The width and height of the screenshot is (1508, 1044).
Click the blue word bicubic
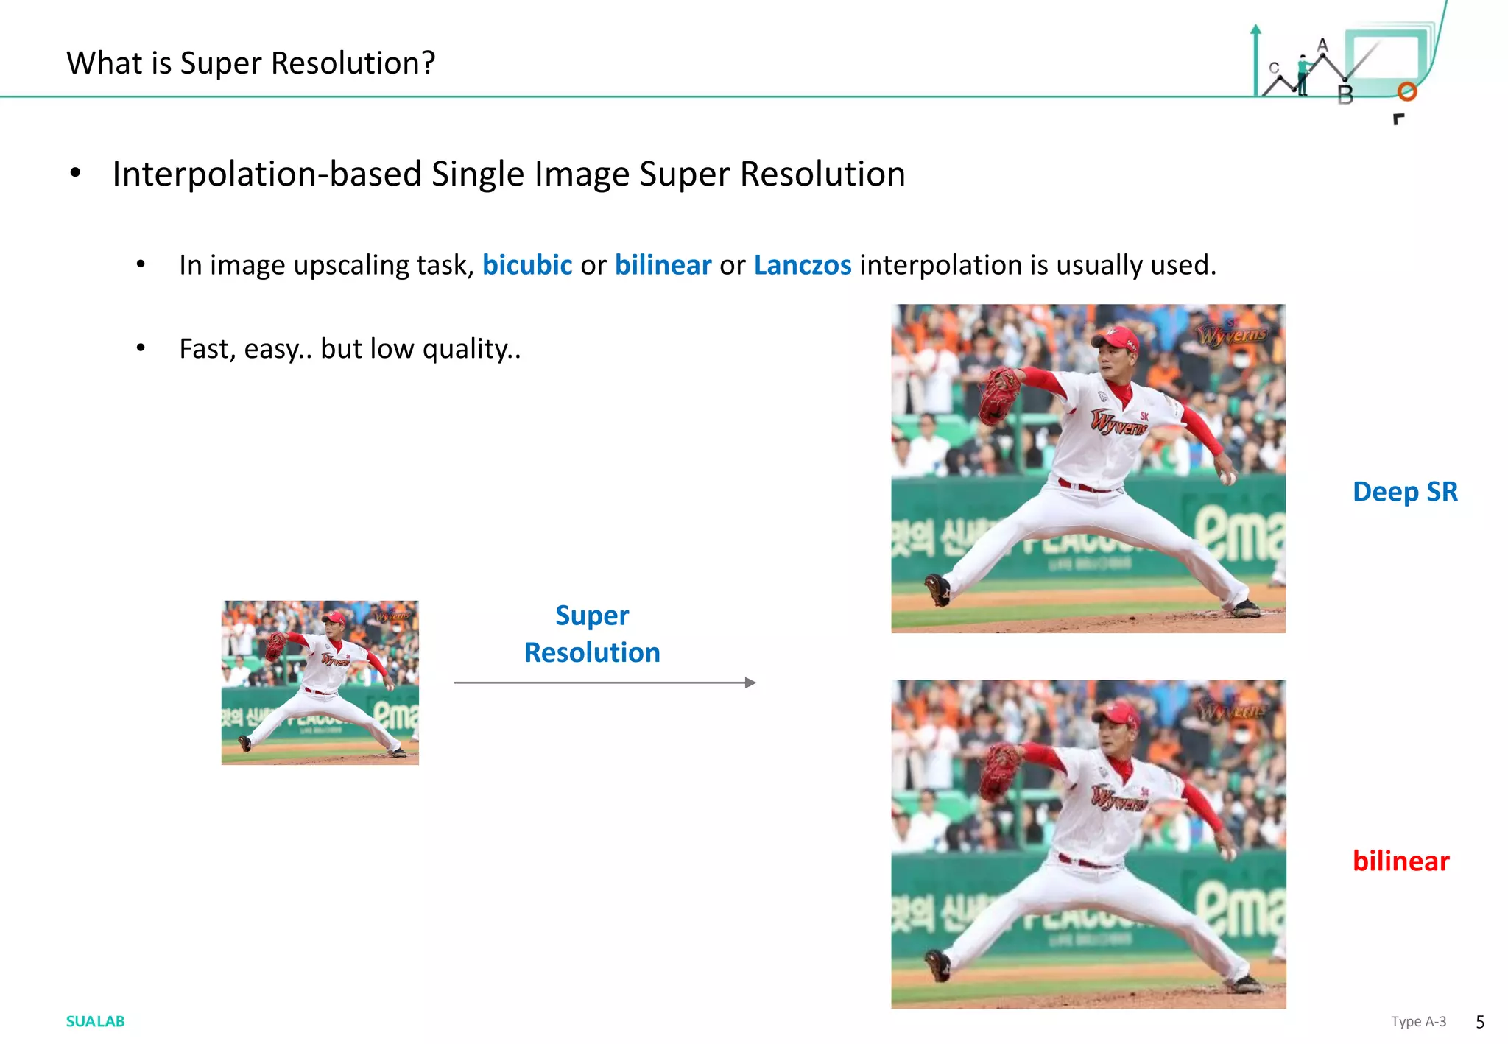(526, 265)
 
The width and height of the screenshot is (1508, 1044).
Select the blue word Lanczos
(802, 265)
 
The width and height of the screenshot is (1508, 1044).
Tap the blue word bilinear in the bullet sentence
(663, 265)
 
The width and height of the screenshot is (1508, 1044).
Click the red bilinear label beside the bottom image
(1400, 861)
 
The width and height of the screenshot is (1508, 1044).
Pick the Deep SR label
(1405, 491)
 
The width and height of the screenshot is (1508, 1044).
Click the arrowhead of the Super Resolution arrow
(750, 683)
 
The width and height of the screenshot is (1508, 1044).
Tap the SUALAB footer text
(95, 1021)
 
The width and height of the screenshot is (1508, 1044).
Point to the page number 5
(1480, 1022)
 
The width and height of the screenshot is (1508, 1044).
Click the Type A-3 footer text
(1418, 1021)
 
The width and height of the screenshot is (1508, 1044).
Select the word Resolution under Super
(592, 652)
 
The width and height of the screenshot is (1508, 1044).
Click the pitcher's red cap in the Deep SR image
(1118, 338)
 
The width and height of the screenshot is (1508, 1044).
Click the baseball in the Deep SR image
(1227, 478)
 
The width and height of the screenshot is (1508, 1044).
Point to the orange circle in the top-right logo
(1407, 91)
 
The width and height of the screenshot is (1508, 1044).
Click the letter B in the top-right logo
(1345, 95)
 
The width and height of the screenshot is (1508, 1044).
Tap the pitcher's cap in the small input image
(335, 618)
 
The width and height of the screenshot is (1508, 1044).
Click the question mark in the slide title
(426, 63)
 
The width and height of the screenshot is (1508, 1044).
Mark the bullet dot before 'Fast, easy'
(141, 348)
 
